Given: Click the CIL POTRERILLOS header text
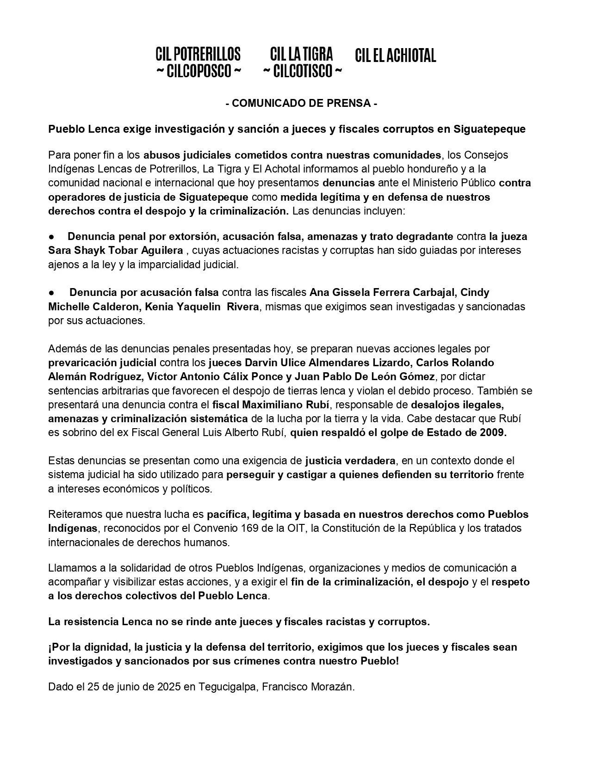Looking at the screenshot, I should pyautogui.click(x=198, y=55).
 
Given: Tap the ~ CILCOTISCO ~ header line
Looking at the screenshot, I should pyautogui.click(x=303, y=72).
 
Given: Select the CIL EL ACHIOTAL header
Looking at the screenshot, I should pyautogui.click(x=396, y=56).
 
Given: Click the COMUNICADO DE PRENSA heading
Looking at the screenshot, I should pyautogui.click(x=301, y=103).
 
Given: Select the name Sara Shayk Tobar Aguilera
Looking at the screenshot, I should pyautogui.click(x=116, y=251).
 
